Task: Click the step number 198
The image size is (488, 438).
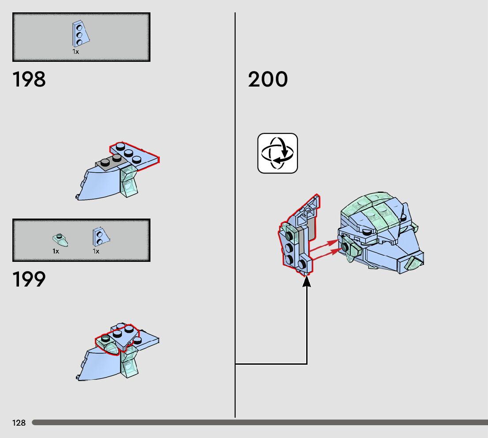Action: tap(29, 80)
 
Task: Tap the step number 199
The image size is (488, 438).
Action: tap(29, 279)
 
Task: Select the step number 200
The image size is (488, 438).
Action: tap(268, 80)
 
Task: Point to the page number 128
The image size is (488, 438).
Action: tap(19, 423)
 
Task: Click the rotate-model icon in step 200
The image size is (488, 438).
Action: tap(278, 153)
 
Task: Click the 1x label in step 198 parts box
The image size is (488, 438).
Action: tap(76, 52)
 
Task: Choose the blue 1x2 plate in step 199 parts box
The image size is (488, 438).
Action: tap(99, 237)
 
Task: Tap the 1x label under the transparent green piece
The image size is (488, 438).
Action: tap(56, 251)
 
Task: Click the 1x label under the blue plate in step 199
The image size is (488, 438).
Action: tap(96, 251)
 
